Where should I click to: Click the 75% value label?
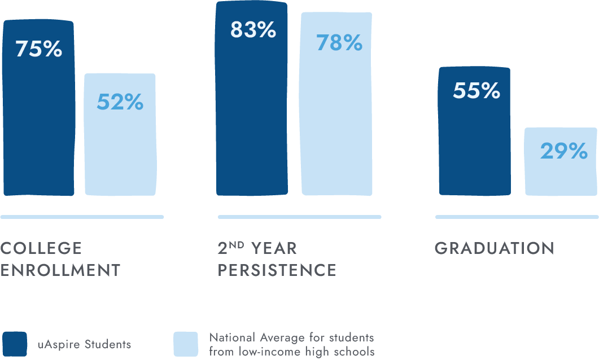pos(38,49)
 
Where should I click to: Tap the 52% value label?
pos(120,102)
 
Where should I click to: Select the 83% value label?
pos(252,30)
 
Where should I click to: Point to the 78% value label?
pos(339,42)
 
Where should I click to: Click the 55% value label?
pos(476,91)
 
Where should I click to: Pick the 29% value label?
pos(563,151)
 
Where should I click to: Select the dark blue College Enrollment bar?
pos(38,130)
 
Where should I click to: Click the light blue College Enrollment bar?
pos(120,152)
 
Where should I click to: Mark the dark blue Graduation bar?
pos(475,147)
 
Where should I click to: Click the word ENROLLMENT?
pos(60,270)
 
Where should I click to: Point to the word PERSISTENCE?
pos(277,270)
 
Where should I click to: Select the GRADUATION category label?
pos(495,248)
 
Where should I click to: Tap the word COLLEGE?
pos(41,248)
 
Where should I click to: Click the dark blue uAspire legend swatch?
pos(15,344)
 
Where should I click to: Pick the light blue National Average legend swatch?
pos(185,344)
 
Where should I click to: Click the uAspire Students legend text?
pos(85,344)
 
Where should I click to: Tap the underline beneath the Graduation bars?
pos(517,217)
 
